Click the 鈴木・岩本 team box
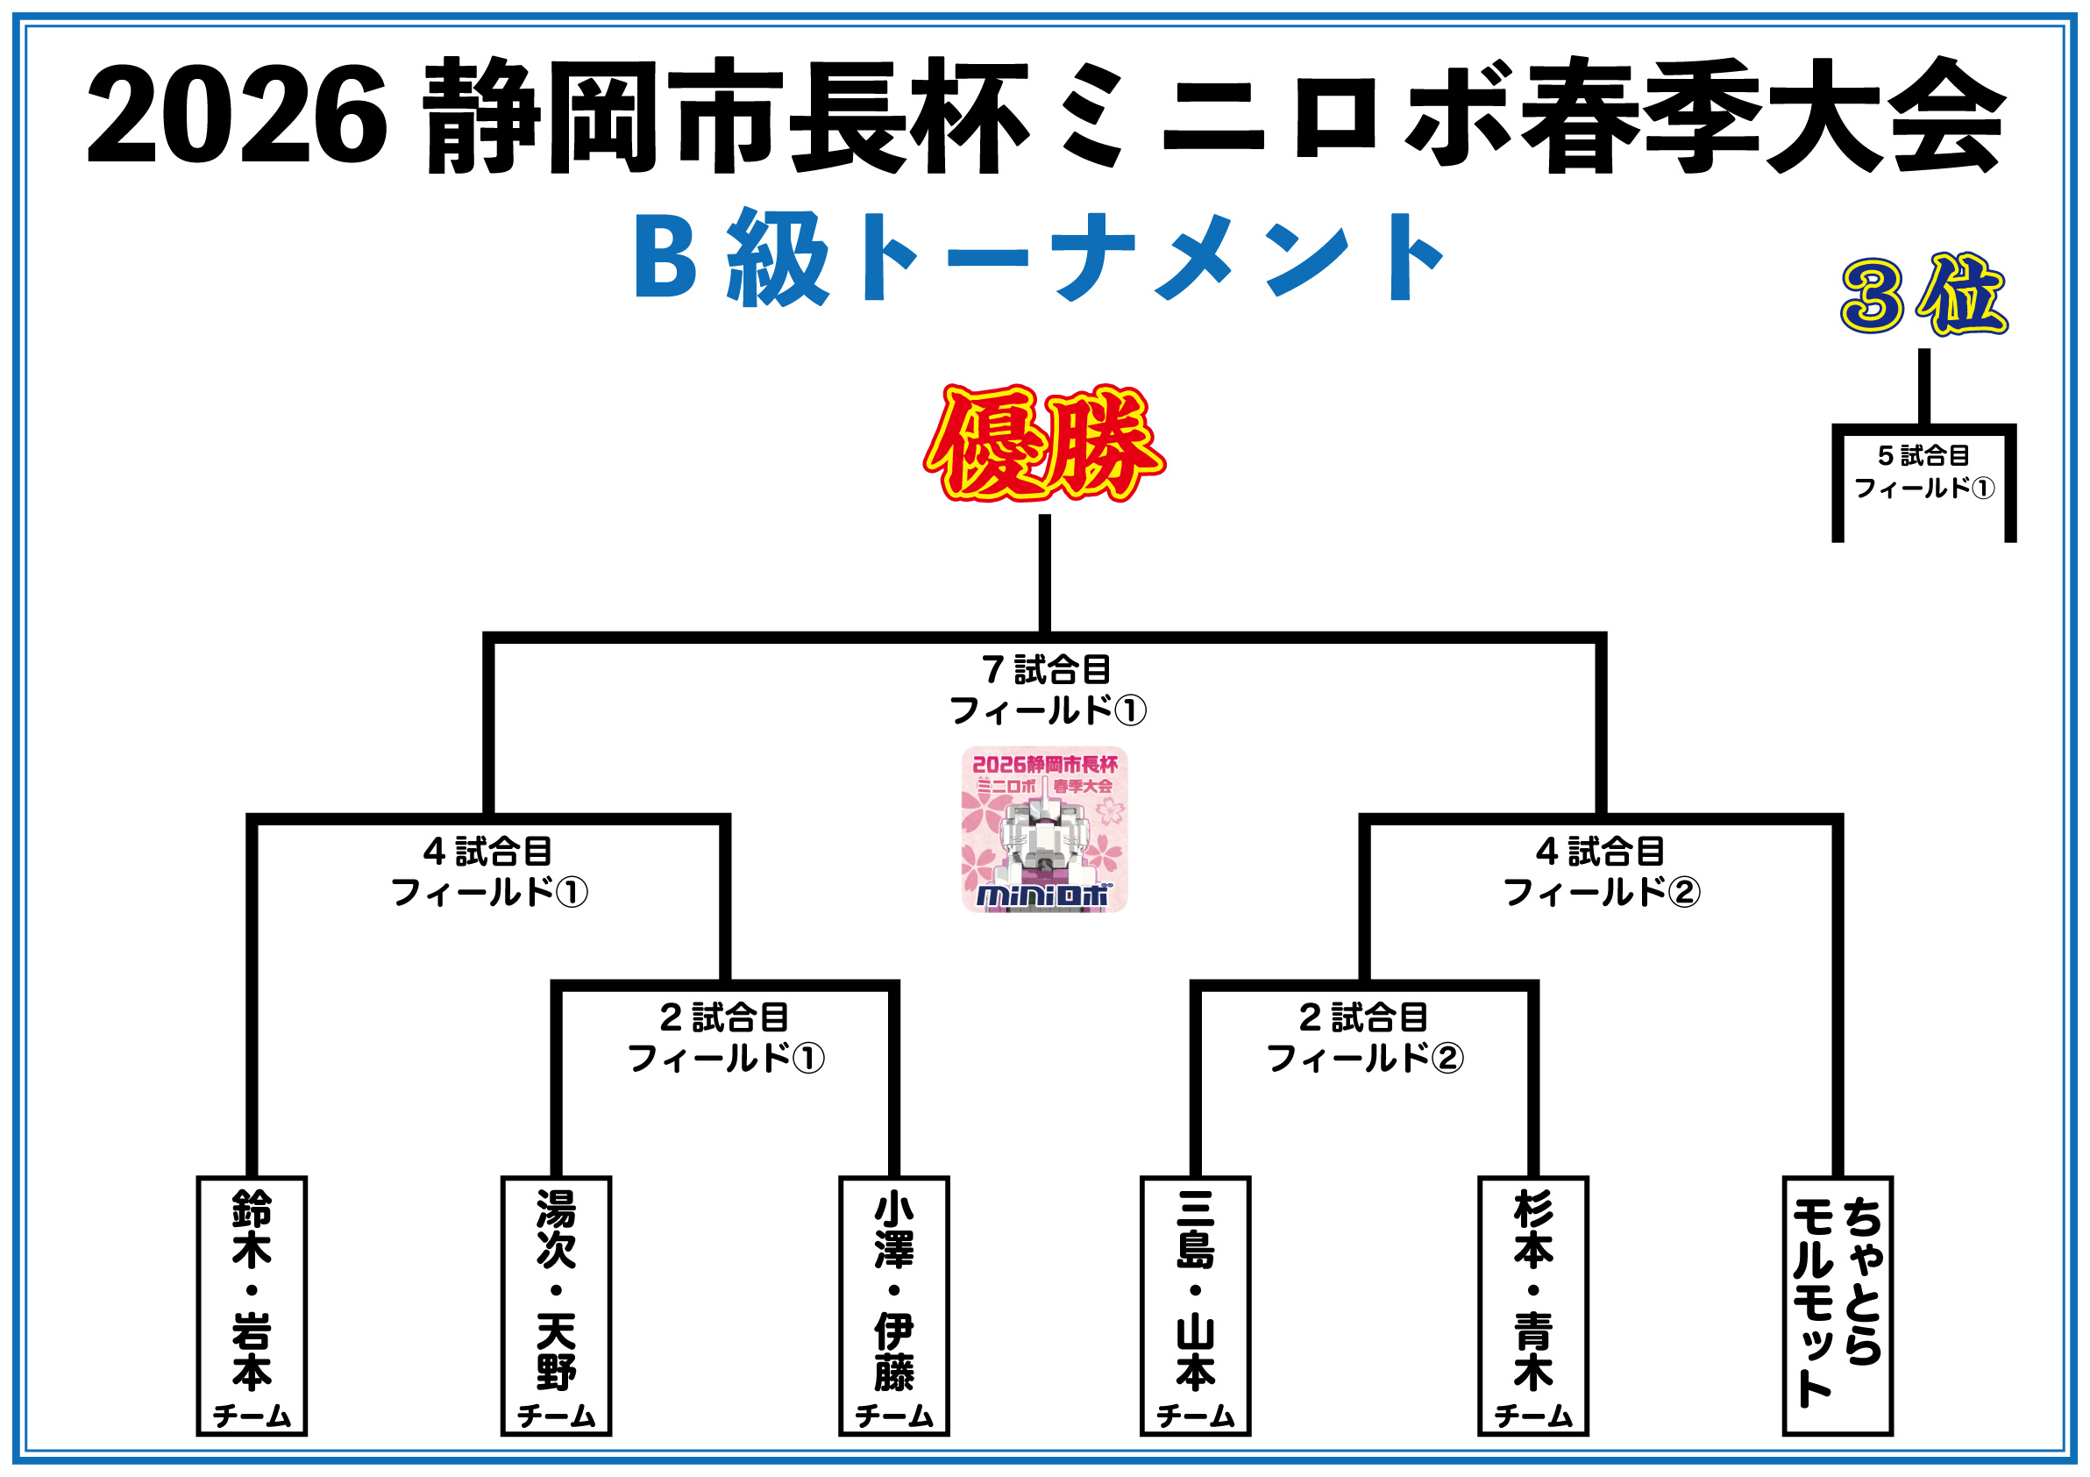point(252,1305)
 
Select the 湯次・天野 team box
point(555,1305)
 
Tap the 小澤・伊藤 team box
point(893,1305)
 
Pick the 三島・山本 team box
point(1194,1305)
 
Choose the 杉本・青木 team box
point(1533,1305)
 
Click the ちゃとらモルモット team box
point(1837,1305)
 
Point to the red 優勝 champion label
point(1044,444)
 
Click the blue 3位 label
point(1923,295)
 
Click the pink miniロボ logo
point(1044,829)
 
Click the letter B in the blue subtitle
point(665,258)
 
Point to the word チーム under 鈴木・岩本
point(252,1416)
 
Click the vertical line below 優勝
point(1044,574)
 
